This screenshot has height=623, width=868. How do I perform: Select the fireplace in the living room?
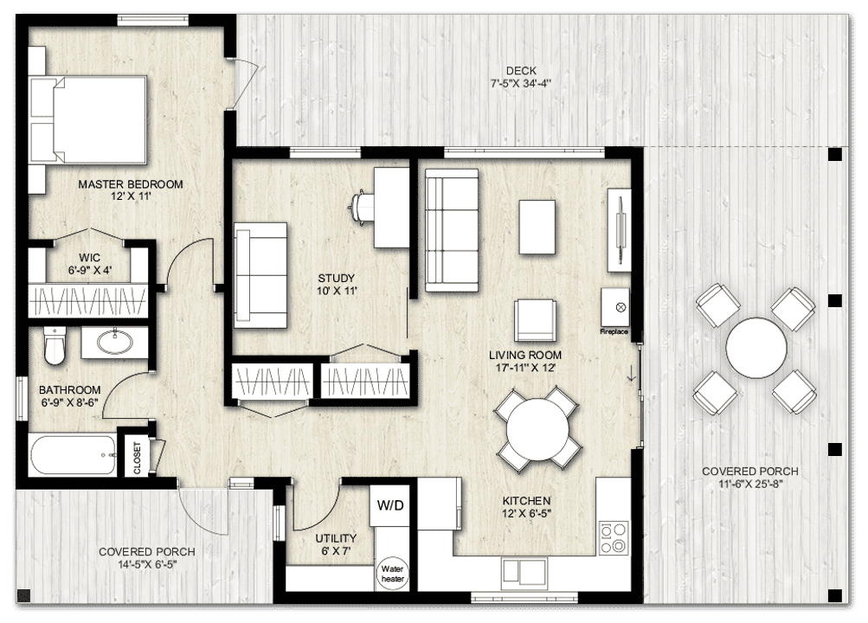(x=615, y=307)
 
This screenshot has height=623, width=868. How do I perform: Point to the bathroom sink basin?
(x=115, y=343)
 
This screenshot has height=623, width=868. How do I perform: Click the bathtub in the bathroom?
(x=73, y=454)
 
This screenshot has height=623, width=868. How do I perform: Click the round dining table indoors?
(x=537, y=429)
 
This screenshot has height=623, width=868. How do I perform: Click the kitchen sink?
(x=524, y=571)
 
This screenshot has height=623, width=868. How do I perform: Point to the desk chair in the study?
(x=362, y=206)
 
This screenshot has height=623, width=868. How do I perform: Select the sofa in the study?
(x=260, y=275)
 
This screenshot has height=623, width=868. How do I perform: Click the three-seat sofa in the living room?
(x=451, y=228)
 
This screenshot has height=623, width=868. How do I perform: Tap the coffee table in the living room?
(x=537, y=227)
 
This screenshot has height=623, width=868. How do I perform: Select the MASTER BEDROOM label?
(x=131, y=184)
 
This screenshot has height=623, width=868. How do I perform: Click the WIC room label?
(x=89, y=257)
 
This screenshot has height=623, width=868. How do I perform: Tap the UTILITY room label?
(x=336, y=538)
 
